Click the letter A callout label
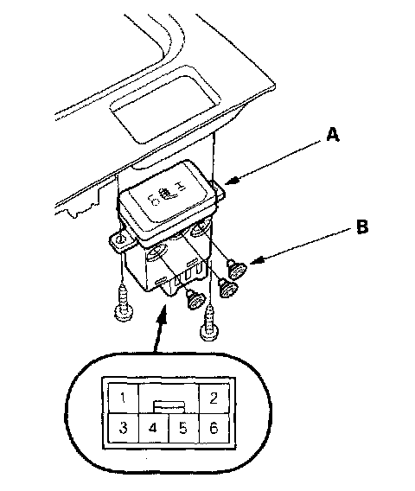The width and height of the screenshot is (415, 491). pos(332,136)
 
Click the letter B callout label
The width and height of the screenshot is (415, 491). pos(362,226)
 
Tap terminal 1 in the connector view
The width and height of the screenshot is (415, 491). pos(123,398)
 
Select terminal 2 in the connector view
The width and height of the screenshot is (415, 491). pos(214,398)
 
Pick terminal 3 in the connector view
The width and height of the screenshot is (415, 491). pos(123,427)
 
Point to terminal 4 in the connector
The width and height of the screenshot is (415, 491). pos(153,427)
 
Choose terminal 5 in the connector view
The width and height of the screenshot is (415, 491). pos(183,427)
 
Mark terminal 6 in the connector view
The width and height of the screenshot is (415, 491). pos(214,427)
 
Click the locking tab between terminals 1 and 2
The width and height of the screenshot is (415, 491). pos(169,406)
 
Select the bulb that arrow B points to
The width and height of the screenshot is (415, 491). pos(237,270)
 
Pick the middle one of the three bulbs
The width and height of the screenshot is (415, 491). pos(227,289)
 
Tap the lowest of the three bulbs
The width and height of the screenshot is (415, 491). pos(195,299)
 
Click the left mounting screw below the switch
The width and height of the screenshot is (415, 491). pos(123,303)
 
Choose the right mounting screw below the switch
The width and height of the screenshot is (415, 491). pos(208,323)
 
